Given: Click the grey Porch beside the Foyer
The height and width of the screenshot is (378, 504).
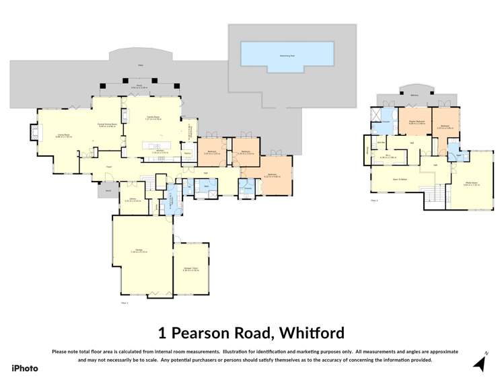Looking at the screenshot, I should [x=106, y=191].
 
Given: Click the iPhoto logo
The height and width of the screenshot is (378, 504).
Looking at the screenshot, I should [x=25, y=368].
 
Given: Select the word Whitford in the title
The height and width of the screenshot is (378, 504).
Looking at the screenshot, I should [x=310, y=332].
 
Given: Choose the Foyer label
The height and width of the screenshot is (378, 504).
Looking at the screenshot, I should [x=108, y=167].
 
